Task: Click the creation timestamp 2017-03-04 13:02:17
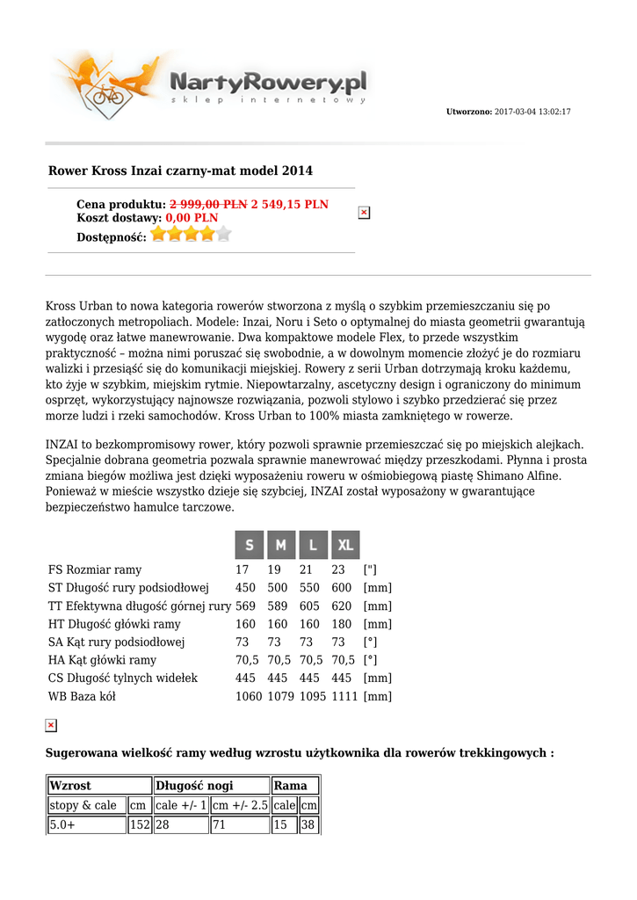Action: pyautogui.click(x=532, y=112)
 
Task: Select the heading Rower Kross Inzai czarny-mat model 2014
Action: pyautogui.click(x=180, y=171)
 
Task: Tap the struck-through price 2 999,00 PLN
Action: pyautogui.click(x=208, y=205)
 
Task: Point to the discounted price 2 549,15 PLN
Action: pyautogui.click(x=289, y=205)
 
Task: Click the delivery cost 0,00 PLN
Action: pyautogui.click(x=192, y=218)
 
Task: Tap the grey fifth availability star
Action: pyautogui.click(x=223, y=234)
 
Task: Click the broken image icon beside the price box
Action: pyautogui.click(x=364, y=213)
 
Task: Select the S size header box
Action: pyautogui.click(x=250, y=545)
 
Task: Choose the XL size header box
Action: pyautogui.click(x=345, y=545)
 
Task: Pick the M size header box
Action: pyautogui.click(x=281, y=545)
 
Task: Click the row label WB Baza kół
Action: pyautogui.click(x=82, y=697)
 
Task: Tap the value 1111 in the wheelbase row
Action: pyautogui.click(x=344, y=697)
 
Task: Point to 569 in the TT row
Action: pyautogui.click(x=245, y=606)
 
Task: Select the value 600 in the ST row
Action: pyautogui.click(x=342, y=588)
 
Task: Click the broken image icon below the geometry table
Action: pyautogui.click(x=51, y=725)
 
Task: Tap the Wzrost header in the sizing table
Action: pyautogui.click(x=70, y=786)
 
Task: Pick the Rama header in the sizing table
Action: pyautogui.click(x=291, y=786)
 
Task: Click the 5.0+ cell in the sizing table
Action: pyautogui.click(x=62, y=825)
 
